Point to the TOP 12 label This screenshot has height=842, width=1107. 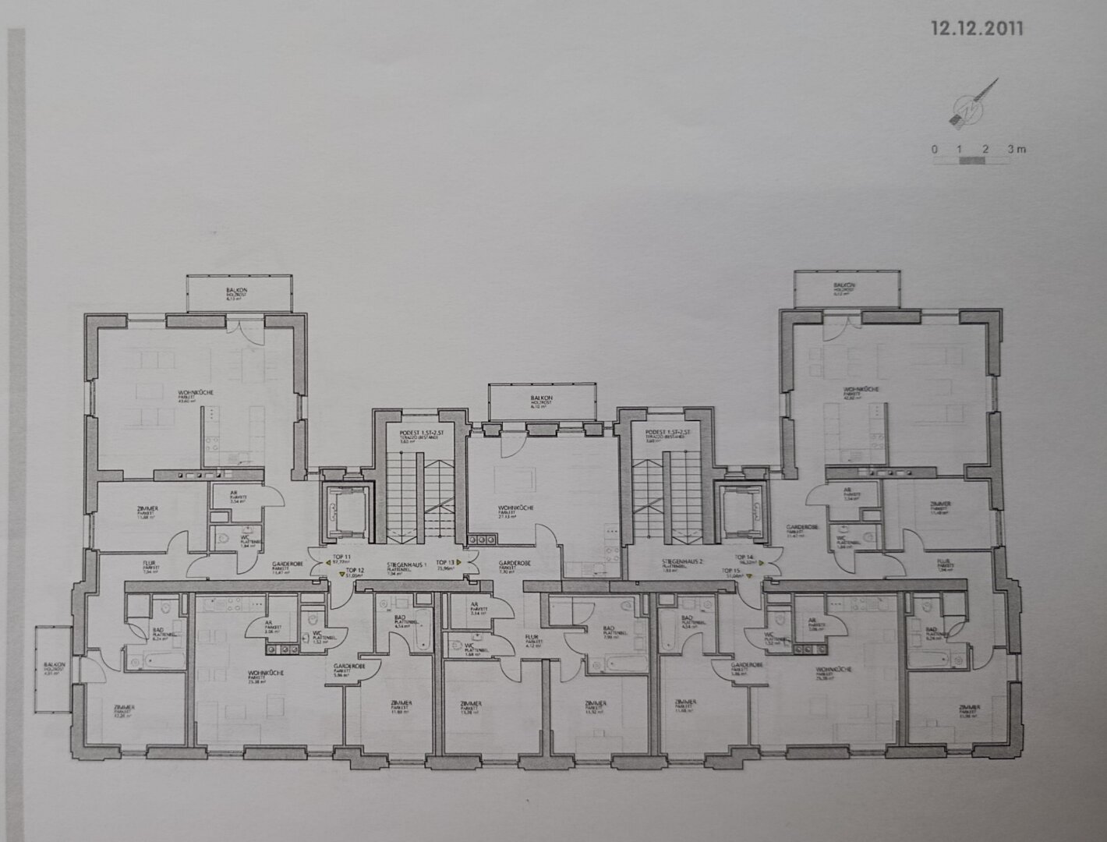coord(355,572)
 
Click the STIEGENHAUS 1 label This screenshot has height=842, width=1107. coord(405,564)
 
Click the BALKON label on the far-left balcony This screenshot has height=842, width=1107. coord(53,664)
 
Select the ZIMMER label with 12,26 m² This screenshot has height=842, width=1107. coord(124,706)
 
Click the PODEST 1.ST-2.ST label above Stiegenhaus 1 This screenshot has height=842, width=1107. coord(413,433)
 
